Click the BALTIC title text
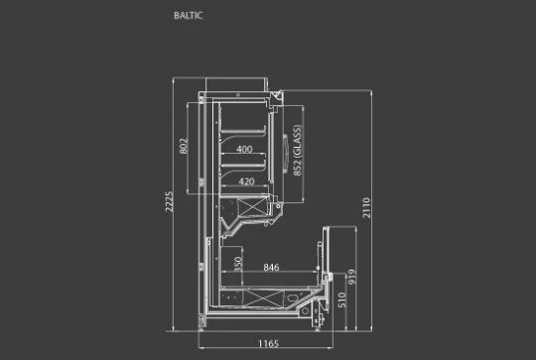188,15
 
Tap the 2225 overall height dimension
169,201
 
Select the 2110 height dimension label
366,207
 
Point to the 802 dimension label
184,146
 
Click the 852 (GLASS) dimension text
297,151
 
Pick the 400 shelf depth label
244,149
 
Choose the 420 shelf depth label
246,181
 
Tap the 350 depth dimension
238,264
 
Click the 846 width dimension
271,268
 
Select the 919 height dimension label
352,277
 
